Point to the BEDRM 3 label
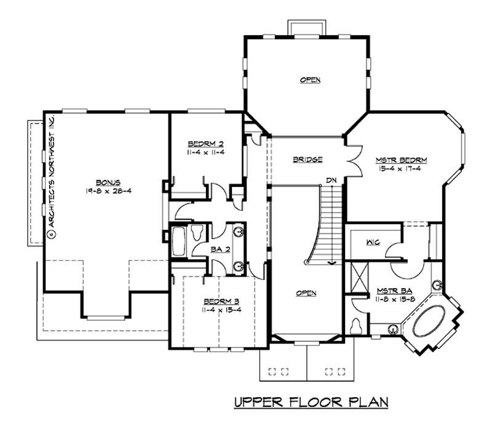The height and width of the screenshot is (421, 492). point(221,301)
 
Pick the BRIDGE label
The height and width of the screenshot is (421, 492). point(307,160)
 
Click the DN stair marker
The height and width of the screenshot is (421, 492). point(331,179)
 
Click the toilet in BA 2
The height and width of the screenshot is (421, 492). point(197,233)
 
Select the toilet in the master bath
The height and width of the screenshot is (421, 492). point(354,326)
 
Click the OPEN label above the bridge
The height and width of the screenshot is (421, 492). point(310,80)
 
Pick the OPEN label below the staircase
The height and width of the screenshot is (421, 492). point(306,293)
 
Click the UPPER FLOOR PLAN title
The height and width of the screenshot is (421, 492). point(311,403)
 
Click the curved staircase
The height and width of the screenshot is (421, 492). point(326,227)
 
